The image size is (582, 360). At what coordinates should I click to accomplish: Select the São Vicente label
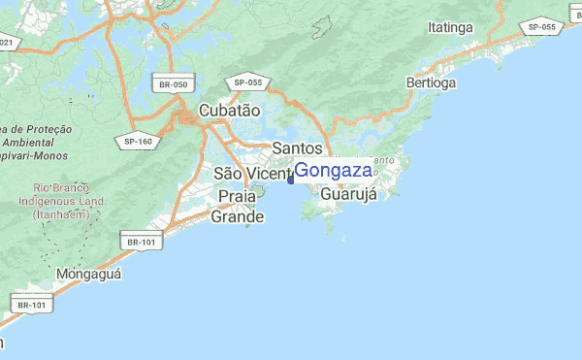[x=251, y=174]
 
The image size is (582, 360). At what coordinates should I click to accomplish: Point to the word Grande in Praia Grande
[x=238, y=216]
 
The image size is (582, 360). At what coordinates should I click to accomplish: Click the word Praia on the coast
[x=238, y=196]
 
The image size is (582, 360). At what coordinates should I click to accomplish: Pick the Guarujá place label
[x=347, y=193]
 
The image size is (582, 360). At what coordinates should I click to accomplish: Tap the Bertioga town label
[x=431, y=83]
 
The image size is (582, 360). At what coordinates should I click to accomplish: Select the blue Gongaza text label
[x=333, y=171]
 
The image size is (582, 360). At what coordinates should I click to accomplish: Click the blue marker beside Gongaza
[x=291, y=177]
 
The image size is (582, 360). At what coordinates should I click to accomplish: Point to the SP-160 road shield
[x=139, y=142]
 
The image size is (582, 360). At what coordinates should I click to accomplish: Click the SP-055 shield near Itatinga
[x=540, y=27]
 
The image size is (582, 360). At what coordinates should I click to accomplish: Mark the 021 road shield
[x=8, y=43]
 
